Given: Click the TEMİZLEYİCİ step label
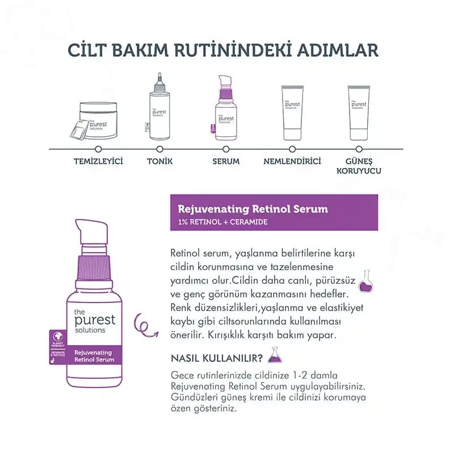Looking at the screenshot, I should pos(98,161).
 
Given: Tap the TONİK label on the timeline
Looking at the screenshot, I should pos(159,161).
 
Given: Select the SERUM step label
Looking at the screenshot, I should pos(226,161).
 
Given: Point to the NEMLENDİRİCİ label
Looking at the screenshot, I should pos(292,161).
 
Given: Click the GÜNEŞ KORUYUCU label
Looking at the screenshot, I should pos(359,166).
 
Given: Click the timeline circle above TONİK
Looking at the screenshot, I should pos(159,149).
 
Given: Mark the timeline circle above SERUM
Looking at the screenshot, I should pos(226,149).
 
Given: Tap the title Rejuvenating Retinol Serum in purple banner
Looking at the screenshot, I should pos(253,209).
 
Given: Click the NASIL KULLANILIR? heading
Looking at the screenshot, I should pos(216,358).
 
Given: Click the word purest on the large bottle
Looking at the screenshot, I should pos(94,321).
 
